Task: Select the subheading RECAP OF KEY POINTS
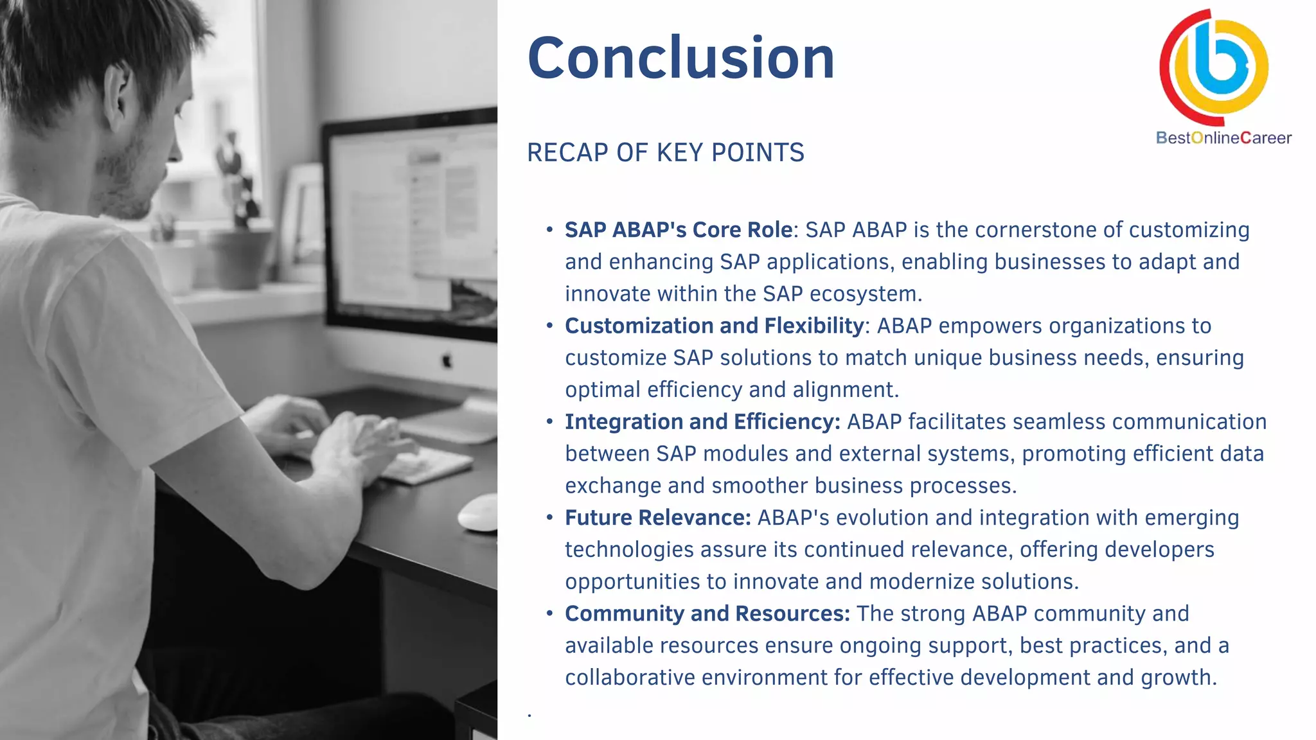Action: click(665, 153)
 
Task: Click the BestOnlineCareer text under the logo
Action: click(1223, 138)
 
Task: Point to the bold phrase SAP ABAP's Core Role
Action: click(679, 230)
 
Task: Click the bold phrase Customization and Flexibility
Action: click(714, 326)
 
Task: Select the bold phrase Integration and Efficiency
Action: click(702, 422)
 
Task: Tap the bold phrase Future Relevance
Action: click(657, 518)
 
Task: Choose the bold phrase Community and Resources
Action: click(707, 613)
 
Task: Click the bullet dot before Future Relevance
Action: click(549, 517)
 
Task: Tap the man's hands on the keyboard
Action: click(347, 437)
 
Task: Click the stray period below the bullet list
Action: click(529, 714)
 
